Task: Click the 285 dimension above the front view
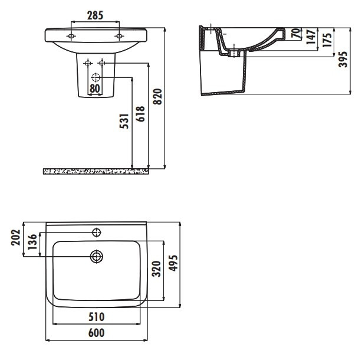95,15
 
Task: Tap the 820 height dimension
158,97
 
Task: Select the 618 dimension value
140,114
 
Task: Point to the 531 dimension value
124,121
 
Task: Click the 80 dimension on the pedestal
95,89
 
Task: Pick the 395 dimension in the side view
343,60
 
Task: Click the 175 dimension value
327,40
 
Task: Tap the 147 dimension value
311,37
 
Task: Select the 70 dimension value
296,33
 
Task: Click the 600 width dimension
97,333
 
